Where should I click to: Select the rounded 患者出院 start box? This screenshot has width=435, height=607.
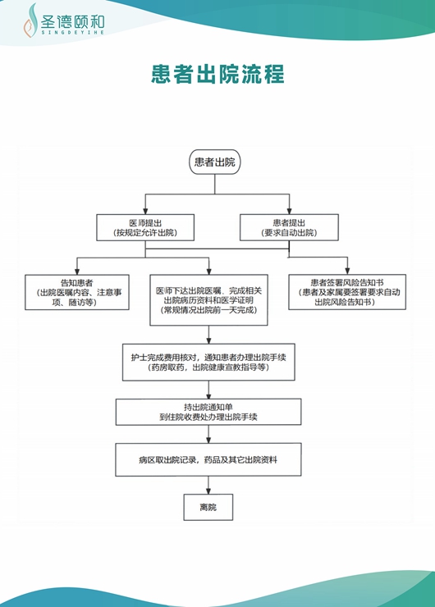pos(214,162)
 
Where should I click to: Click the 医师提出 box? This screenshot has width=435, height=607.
pos(145,227)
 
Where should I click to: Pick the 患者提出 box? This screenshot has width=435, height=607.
pos(289,227)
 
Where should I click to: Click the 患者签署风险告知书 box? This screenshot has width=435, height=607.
pos(347,291)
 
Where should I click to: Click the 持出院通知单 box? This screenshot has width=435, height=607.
pos(213,412)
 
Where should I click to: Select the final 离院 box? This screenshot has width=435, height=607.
pos(208,508)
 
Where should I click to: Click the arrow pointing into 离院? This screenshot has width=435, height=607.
pos(208,488)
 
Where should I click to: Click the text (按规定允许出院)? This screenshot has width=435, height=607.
pos(145,234)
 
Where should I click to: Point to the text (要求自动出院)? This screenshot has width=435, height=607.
pos(289,234)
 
